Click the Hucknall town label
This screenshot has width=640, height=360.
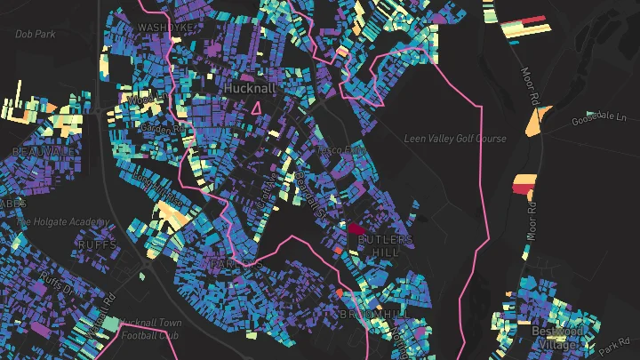tap(251, 90)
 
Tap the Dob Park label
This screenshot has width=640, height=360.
tap(35, 34)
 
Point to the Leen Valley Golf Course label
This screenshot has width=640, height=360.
tap(455, 139)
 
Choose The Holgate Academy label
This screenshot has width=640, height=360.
tap(62, 222)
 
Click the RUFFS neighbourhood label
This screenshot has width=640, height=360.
tap(97, 244)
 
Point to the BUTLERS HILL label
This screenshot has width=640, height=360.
tap(386, 246)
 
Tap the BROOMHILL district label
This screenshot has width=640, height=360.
tap(374, 315)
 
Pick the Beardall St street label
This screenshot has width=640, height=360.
tap(310, 195)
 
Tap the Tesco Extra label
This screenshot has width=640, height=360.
tap(342, 152)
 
